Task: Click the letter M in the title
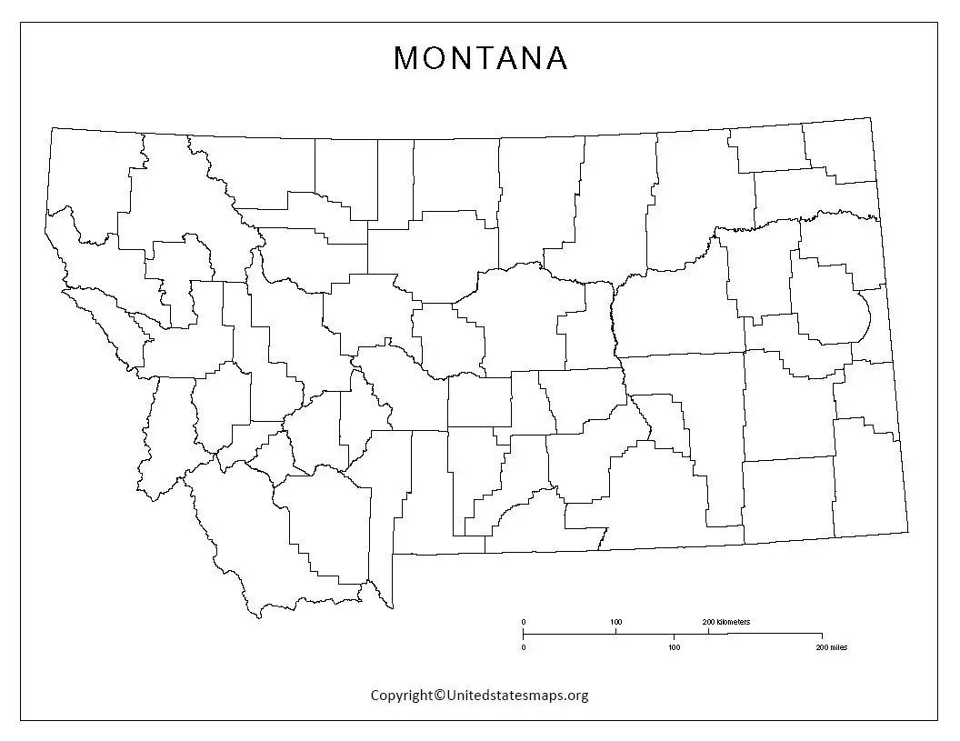coord(405,58)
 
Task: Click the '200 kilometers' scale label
coord(726,622)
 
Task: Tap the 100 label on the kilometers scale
coord(616,622)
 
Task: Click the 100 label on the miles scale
coord(674,647)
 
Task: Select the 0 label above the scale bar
coord(523,622)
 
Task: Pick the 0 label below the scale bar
coord(523,647)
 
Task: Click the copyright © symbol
coord(439,696)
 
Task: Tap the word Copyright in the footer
coord(401,696)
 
